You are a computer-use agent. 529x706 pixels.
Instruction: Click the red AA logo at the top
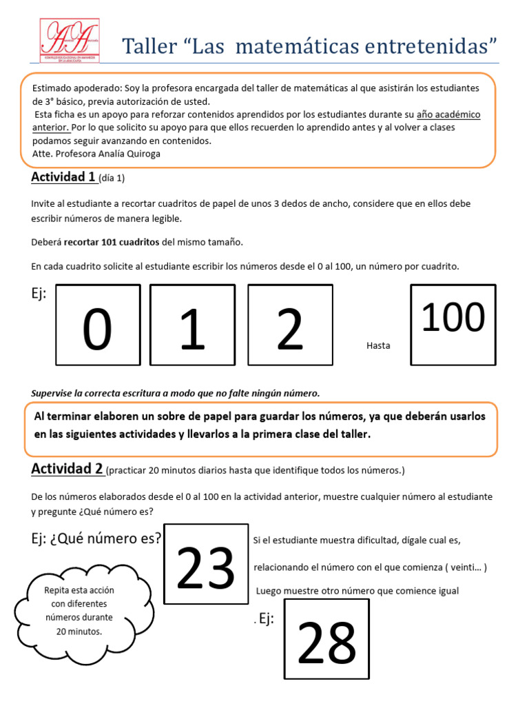click(x=69, y=43)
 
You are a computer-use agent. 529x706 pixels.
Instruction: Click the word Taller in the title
click(x=147, y=47)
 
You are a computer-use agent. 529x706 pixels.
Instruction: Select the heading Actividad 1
click(x=63, y=177)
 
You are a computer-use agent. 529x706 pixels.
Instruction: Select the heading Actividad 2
click(x=67, y=469)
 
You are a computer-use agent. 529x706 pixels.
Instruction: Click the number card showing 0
click(x=98, y=326)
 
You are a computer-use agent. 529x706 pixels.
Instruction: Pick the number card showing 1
click(x=192, y=326)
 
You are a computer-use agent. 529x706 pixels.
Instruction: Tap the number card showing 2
click(x=290, y=326)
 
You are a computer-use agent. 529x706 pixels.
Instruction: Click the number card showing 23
click(x=206, y=564)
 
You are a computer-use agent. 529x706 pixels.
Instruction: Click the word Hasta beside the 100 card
click(x=378, y=345)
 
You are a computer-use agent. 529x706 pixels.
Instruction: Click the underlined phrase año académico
click(x=448, y=114)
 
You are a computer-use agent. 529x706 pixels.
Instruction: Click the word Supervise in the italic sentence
click(x=54, y=393)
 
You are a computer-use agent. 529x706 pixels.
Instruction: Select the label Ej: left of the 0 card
click(x=39, y=294)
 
